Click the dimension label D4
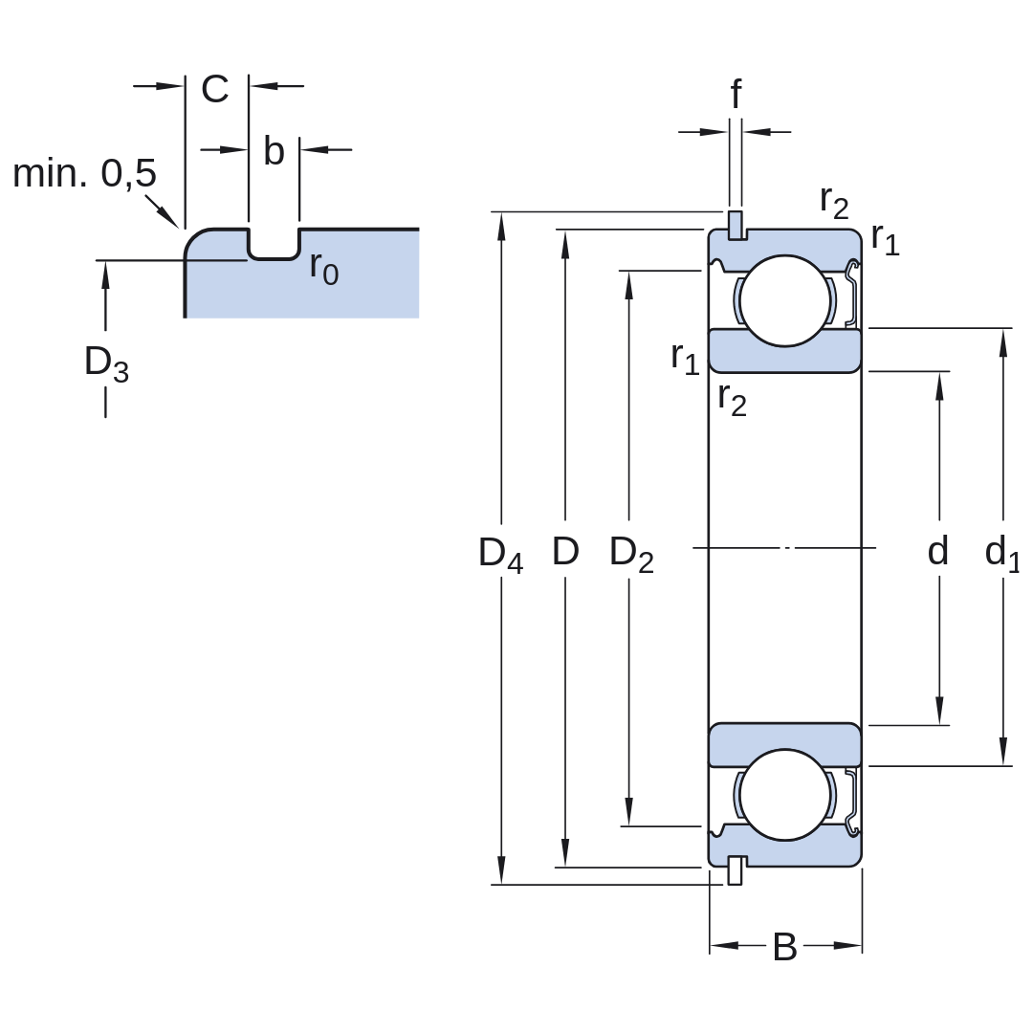500,554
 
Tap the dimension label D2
631,554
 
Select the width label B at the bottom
784,947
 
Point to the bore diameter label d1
1002,554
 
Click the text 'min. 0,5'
84,173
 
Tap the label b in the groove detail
274,151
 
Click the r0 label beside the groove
324,269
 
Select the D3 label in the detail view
106,363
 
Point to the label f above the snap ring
736,94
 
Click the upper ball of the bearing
784,300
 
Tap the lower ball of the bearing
784,795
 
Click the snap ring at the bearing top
736,226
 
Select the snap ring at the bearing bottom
736,870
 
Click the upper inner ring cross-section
784,351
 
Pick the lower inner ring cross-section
784,744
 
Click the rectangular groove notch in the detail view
274,244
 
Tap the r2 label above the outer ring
834,202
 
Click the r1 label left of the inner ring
685,359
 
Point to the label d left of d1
938,551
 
